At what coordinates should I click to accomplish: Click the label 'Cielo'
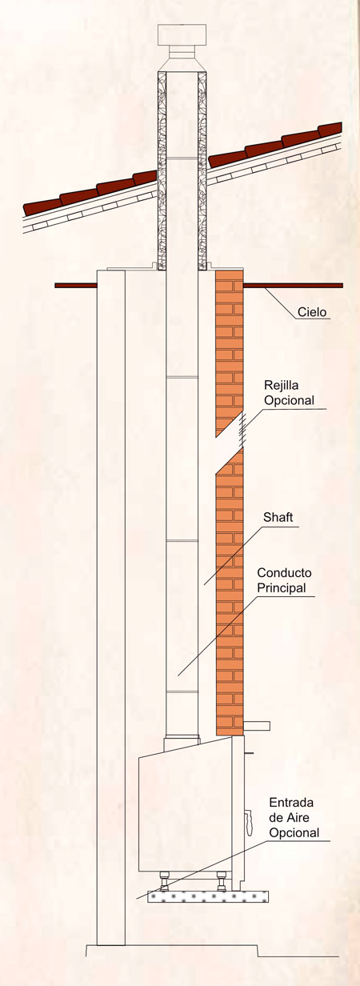(312, 312)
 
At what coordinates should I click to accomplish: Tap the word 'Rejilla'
(282, 386)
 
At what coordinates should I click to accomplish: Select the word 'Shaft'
(278, 517)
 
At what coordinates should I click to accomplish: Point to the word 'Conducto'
(284, 573)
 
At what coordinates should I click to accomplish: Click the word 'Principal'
(282, 587)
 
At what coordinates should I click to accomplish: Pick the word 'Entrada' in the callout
(291, 803)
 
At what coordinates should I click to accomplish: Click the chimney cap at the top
(182, 34)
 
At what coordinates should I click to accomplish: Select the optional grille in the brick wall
(241, 429)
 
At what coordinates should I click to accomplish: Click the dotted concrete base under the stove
(208, 896)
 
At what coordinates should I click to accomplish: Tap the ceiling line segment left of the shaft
(76, 286)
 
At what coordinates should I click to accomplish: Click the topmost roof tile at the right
(330, 130)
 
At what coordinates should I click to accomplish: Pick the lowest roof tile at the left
(42, 206)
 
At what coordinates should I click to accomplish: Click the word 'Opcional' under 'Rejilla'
(289, 400)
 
